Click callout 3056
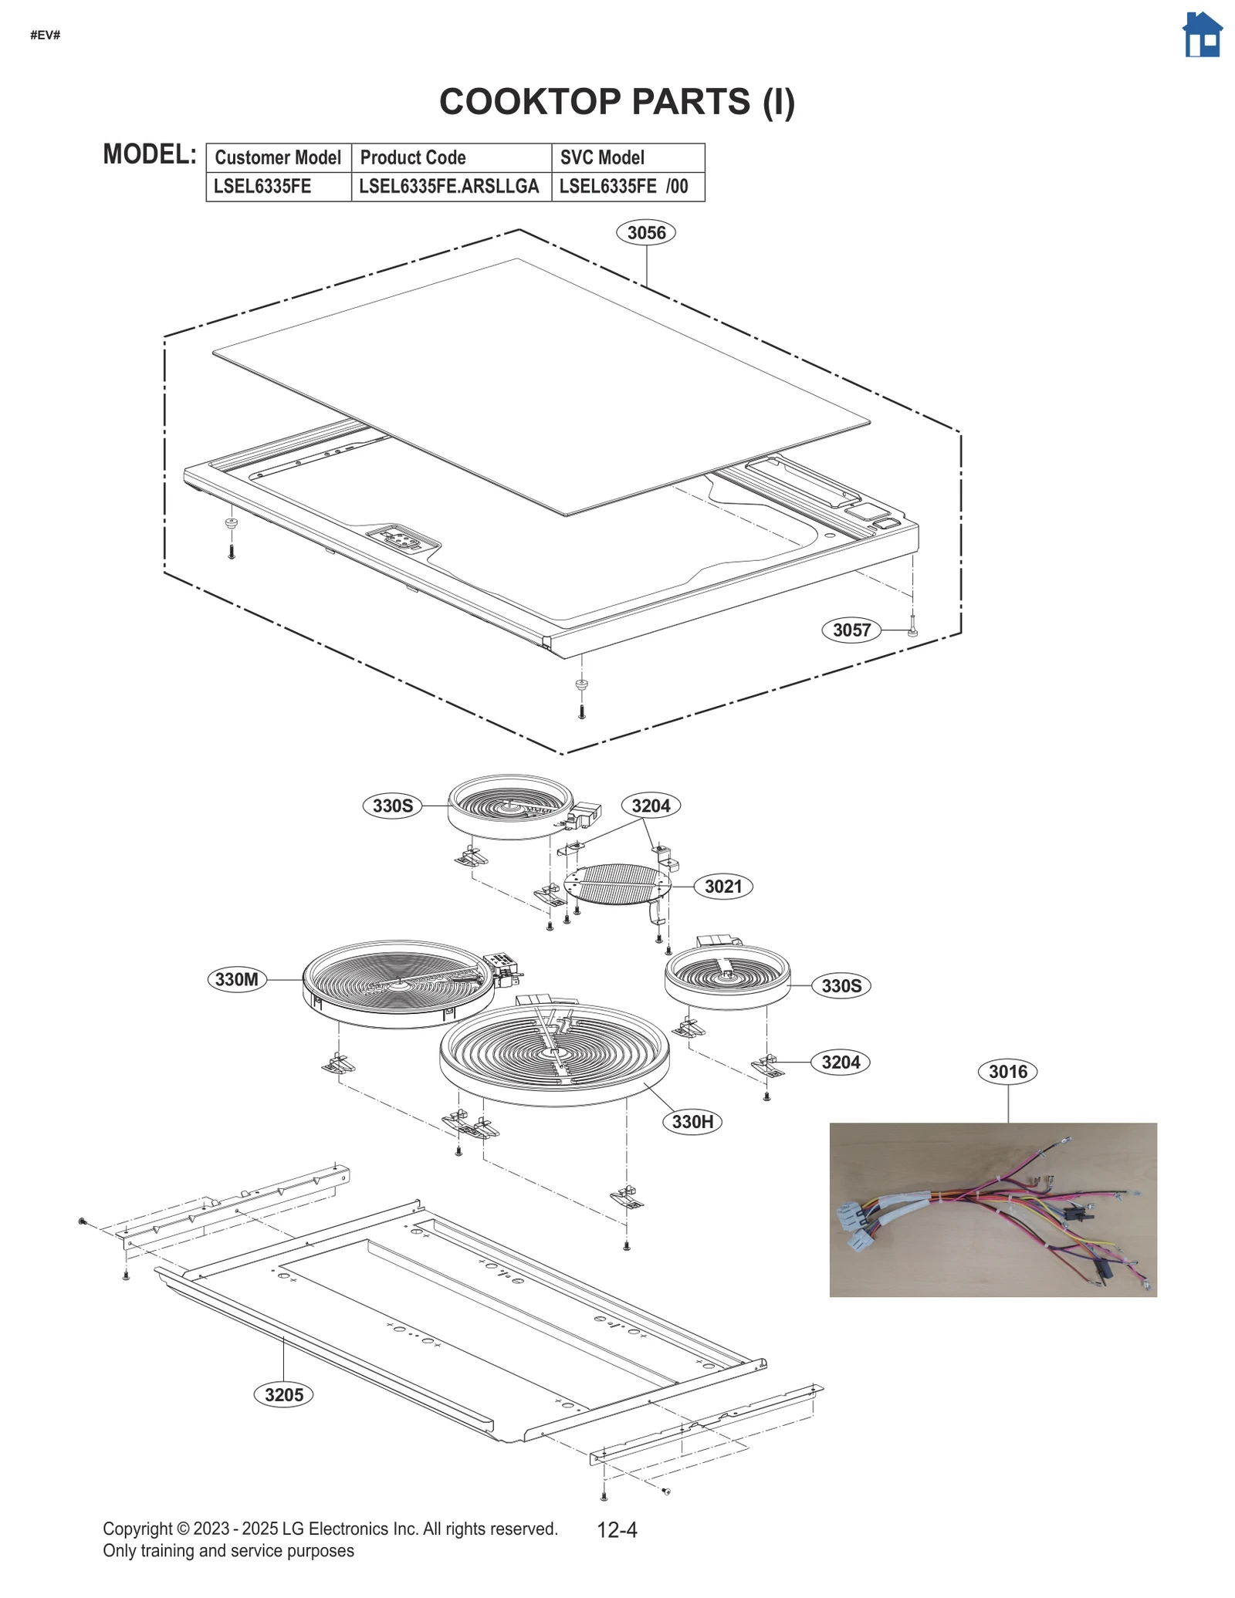pos(645,232)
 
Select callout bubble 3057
pos(851,630)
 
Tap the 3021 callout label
pos(722,886)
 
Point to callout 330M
pos(236,979)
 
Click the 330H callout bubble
pos(692,1121)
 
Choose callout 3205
pos(283,1394)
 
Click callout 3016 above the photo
pos(1007,1071)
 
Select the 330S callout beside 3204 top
pos(393,806)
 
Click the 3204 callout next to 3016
pos(840,1062)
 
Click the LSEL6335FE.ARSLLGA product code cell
pos(450,186)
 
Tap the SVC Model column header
pos(602,157)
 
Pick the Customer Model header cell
pos(278,157)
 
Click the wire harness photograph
pos(993,1209)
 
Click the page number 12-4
pos(617,1529)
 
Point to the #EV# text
pos(45,35)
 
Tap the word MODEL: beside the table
pos(150,154)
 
